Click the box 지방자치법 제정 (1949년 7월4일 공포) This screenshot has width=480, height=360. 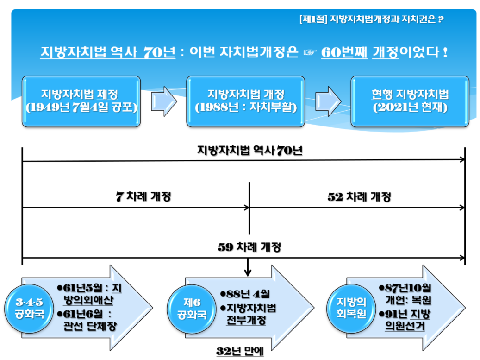click(x=81, y=101)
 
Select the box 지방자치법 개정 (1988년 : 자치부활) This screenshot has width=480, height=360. click(x=246, y=101)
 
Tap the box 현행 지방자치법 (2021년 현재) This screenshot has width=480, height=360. click(x=410, y=101)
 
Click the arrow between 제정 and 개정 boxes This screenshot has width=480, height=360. click(x=163, y=101)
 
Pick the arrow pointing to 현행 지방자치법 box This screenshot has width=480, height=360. click(x=328, y=101)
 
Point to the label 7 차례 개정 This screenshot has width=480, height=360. click(x=143, y=197)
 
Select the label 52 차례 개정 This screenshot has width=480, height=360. click(x=359, y=197)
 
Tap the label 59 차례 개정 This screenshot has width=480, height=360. click(x=249, y=247)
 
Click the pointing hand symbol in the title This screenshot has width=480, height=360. click(x=309, y=52)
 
